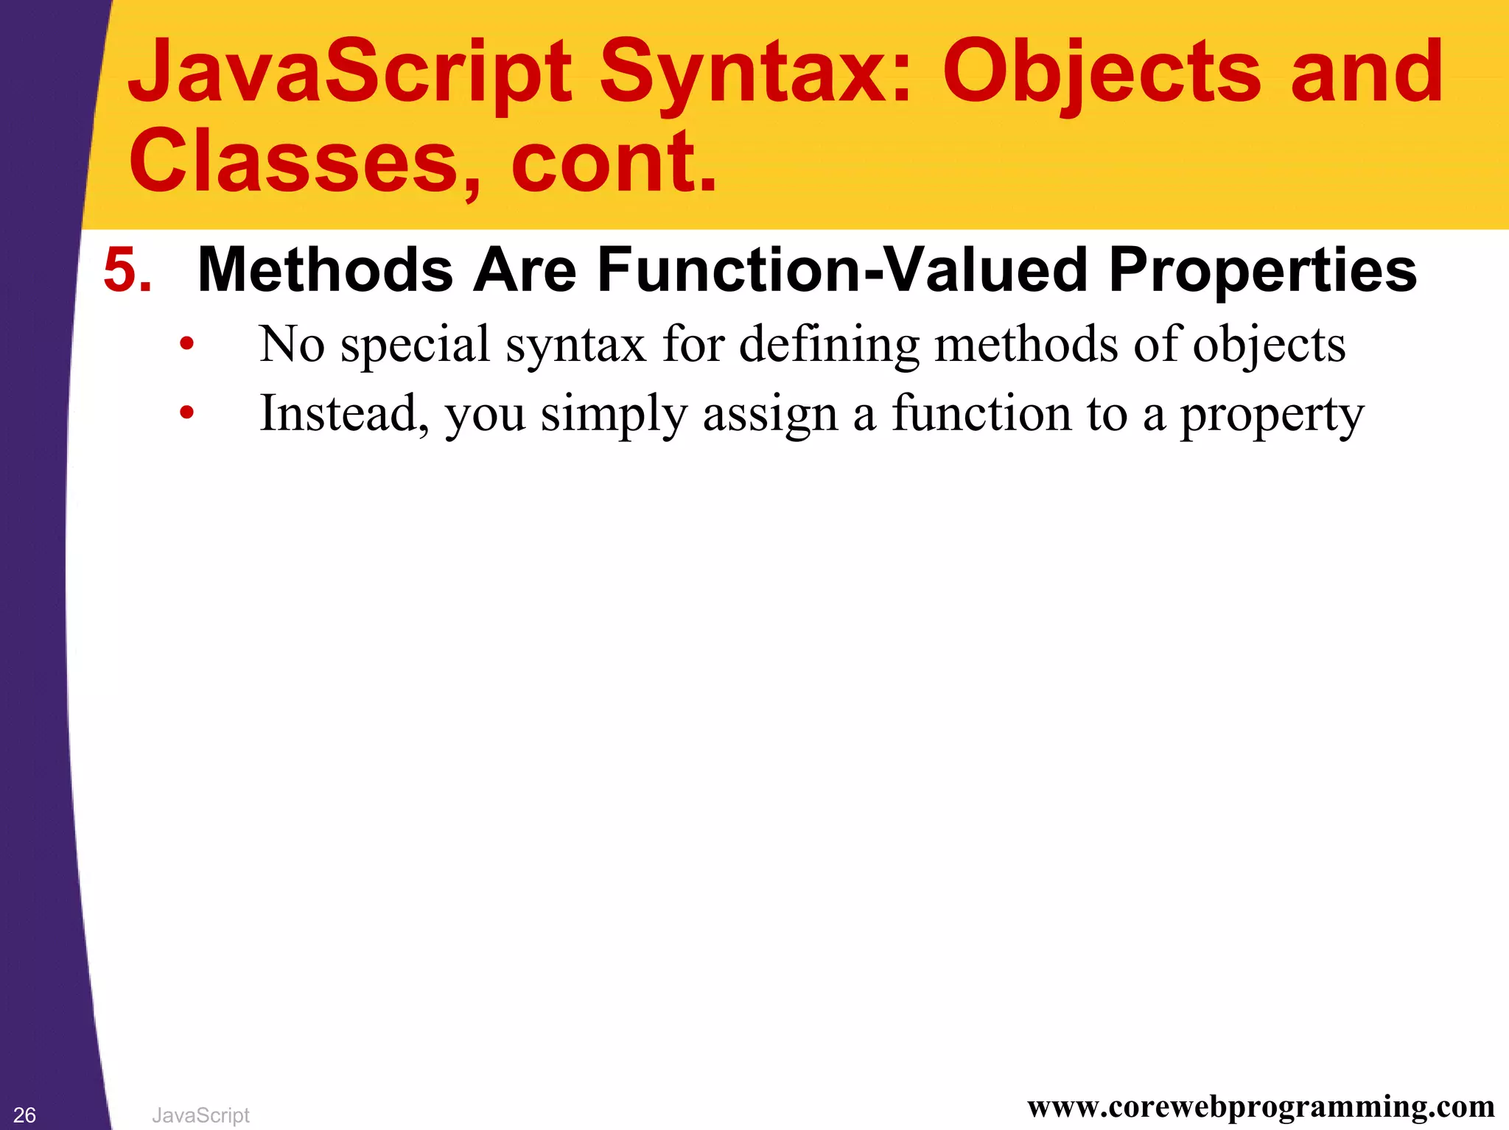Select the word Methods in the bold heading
(x=325, y=270)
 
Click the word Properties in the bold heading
(x=1262, y=270)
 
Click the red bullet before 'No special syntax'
(x=187, y=343)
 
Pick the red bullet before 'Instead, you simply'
(x=187, y=413)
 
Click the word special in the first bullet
(x=416, y=345)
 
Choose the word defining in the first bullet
(x=829, y=345)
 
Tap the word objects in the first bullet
(x=1269, y=345)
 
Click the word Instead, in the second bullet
(x=344, y=413)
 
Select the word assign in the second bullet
(x=770, y=414)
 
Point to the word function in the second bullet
(x=981, y=413)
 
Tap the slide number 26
(x=24, y=1115)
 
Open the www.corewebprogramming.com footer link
(x=1261, y=1106)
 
